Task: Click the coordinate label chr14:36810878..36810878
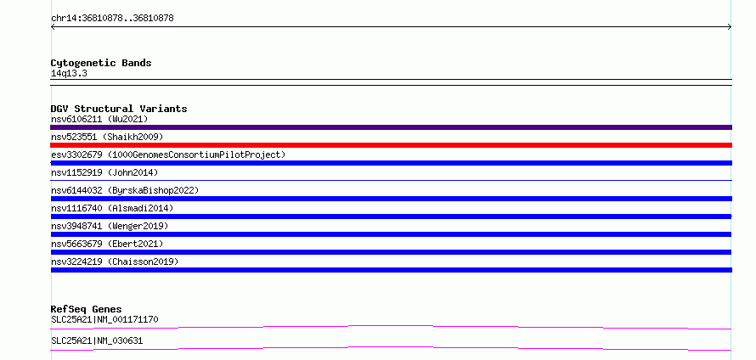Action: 112,19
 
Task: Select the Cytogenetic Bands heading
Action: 101,63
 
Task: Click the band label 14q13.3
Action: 69,74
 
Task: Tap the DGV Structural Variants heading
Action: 119,109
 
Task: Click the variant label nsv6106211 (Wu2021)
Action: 99,119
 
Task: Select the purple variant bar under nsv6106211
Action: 391,127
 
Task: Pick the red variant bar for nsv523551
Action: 391,145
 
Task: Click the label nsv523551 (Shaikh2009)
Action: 107,137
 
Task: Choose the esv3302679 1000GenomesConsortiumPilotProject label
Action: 168,155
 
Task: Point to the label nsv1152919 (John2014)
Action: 104,172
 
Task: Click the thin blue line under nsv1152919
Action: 391,180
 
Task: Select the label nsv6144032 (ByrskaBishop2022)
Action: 125,190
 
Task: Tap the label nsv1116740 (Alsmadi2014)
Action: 112,208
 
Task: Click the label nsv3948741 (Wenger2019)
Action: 110,226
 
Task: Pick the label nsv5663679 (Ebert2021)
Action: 107,244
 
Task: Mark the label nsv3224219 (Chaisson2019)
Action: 115,262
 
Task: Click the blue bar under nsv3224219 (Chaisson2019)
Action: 391,270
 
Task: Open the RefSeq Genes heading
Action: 87,309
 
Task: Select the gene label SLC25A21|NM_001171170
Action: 104,319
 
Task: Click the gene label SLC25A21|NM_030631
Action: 97,340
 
